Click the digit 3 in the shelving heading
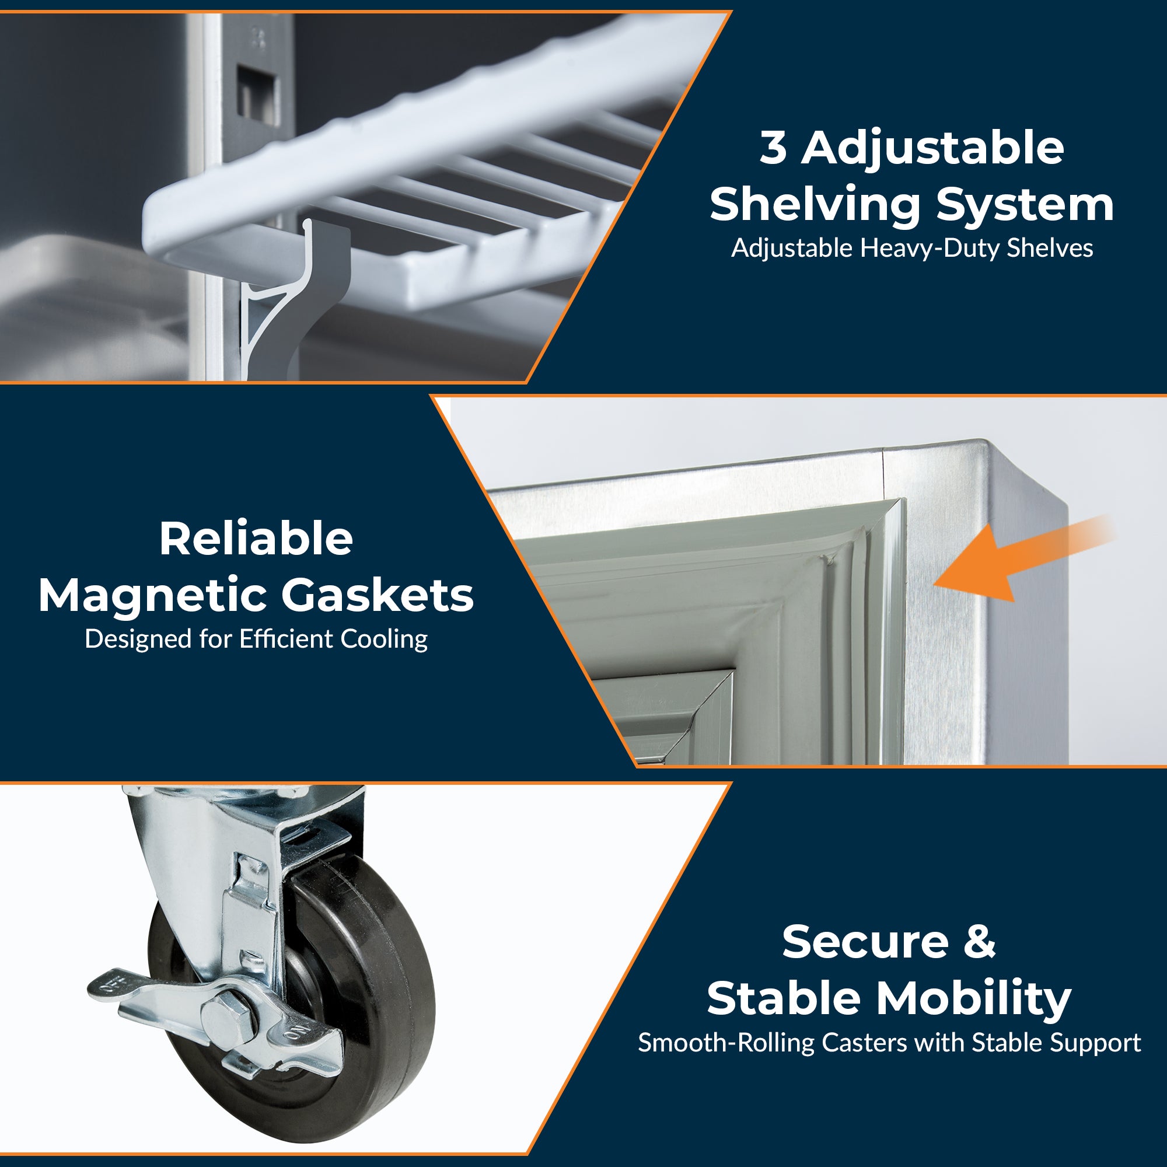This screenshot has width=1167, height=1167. [773, 148]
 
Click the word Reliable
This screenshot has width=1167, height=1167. [256, 539]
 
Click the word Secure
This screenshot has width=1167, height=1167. [865, 942]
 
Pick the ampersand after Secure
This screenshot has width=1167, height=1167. [979, 942]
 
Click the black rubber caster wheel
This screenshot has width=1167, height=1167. [338, 1002]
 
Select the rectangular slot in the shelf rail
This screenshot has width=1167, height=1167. [258, 96]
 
